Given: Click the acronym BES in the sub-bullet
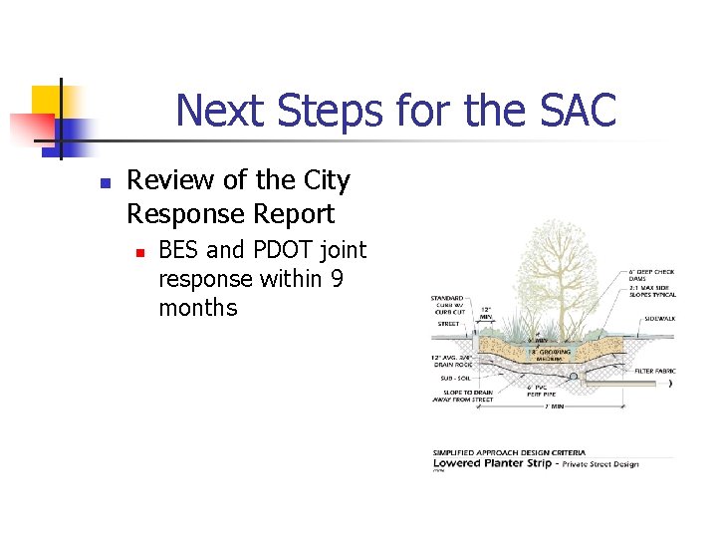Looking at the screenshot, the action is click(179, 250).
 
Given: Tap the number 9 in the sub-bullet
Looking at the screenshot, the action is click(337, 279).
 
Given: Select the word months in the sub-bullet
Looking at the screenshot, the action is click(198, 308).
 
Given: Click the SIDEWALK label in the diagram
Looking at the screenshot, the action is click(659, 319).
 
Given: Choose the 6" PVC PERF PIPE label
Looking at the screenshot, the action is click(542, 392).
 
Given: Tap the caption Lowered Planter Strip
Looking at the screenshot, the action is click(494, 463).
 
